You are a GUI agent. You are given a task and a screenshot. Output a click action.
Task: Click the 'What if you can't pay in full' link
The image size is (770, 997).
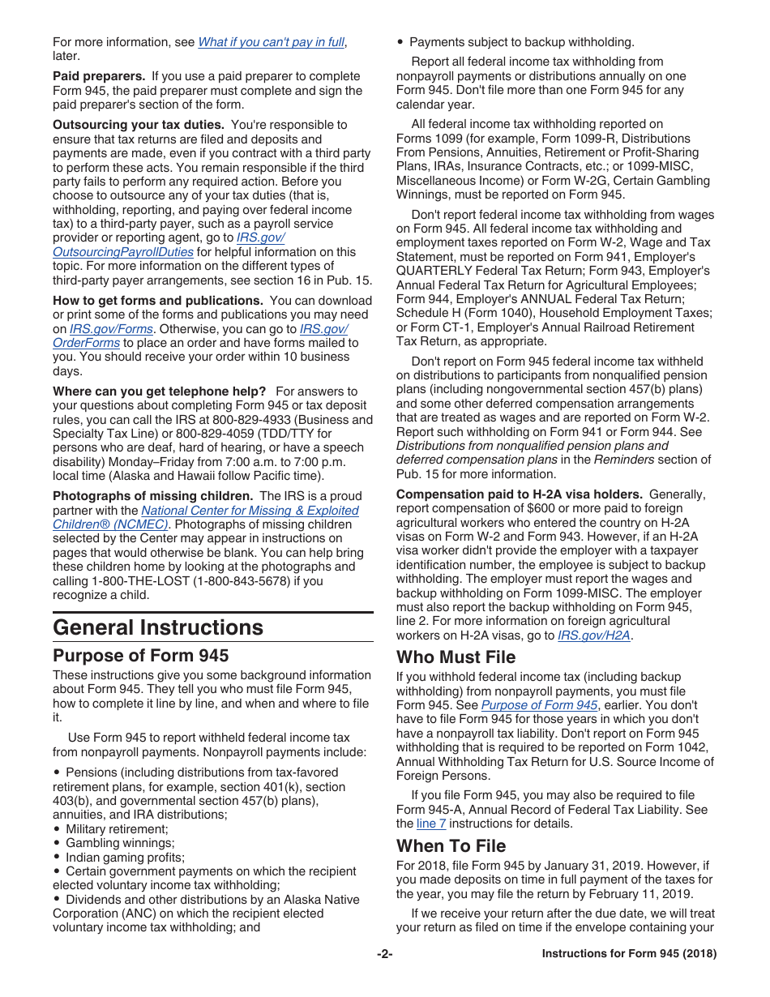point(271,42)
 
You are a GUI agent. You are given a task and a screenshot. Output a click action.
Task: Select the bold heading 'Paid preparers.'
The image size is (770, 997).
point(100,76)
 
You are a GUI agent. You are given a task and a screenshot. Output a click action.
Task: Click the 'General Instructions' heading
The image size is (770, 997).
point(158,627)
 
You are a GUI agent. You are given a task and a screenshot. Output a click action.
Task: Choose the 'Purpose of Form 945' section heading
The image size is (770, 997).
point(141,655)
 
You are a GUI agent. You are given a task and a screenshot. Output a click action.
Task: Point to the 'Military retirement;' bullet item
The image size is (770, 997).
point(117,828)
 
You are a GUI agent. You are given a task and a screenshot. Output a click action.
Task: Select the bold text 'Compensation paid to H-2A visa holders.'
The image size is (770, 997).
point(520,494)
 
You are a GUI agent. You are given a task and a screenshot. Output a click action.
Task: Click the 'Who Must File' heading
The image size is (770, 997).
point(456,657)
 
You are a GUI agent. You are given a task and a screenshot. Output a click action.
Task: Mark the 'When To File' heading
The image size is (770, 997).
point(451,845)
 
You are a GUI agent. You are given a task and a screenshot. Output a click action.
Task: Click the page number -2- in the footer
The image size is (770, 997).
point(384,954)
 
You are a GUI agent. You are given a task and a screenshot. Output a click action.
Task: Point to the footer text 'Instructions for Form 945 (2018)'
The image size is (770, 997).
point(629,954)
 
